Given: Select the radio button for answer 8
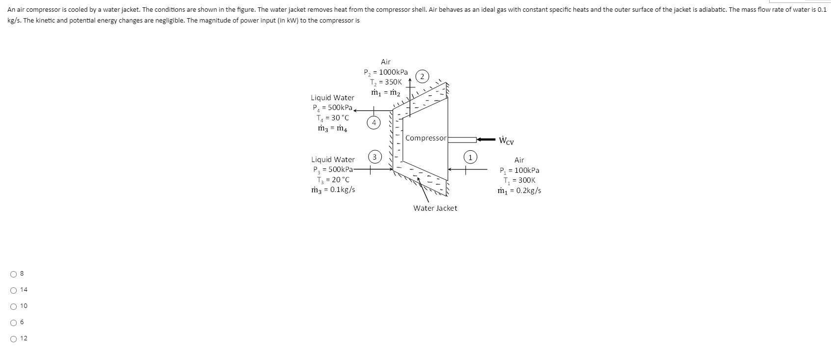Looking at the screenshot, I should click(13, 274).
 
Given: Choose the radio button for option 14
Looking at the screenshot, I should click(13, 290).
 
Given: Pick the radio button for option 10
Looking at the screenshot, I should click(13, 306).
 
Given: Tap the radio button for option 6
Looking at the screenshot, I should click(13, 322).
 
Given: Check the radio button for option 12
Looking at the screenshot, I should click(13, 338).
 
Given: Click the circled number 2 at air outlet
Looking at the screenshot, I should click(422, 76).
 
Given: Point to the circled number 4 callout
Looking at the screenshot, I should click(375, 122).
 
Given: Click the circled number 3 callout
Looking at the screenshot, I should click(375, 157).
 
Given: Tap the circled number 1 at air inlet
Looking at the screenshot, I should click(470, 157).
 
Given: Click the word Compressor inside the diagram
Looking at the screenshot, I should click(426, 138).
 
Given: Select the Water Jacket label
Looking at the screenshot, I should click(435, 208).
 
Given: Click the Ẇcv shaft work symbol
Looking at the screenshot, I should click(506, 141).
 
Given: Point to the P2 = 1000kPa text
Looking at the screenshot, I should click(386, 72).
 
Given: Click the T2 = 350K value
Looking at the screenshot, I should click(386, 82).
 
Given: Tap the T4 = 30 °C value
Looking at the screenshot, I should click(333, 118).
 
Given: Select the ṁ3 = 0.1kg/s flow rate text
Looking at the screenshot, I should click(333, 190).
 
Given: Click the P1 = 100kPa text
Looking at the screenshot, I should click(519, 170).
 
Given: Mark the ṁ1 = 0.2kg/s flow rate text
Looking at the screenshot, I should click(519, 191).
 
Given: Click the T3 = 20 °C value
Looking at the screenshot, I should click(333, 180).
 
